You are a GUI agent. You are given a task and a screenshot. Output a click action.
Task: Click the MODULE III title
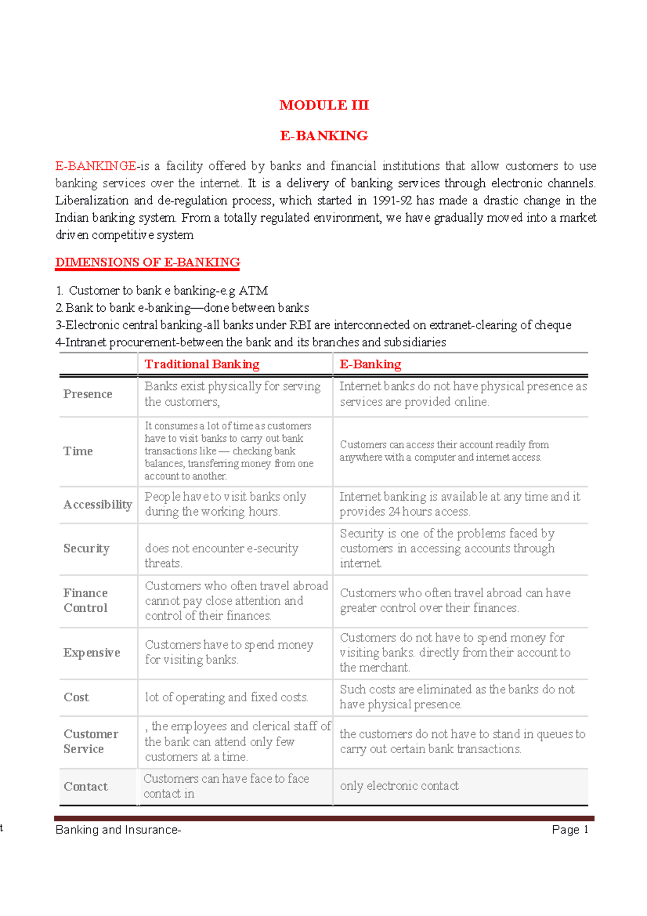point(324,105)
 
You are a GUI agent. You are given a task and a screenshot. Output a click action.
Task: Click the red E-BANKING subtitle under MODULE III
point(324,135)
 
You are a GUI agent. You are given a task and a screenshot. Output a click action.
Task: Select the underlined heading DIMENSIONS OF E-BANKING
point(148,263)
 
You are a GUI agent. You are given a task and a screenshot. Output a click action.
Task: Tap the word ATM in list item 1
point(253,291)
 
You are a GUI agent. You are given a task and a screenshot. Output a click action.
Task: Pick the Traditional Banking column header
point(202,365)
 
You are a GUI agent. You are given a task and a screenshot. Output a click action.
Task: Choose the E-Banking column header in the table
point(370,365)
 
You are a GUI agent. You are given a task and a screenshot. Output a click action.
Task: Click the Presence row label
point(88,394)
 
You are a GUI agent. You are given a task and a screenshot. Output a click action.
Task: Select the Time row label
point(78,452)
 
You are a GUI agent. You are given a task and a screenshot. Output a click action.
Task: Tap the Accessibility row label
point(98,505)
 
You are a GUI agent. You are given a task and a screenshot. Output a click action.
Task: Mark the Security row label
point(86,549)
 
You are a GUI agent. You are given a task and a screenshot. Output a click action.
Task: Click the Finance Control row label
point(86,600)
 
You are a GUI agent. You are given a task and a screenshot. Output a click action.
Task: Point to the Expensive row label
point(92,653)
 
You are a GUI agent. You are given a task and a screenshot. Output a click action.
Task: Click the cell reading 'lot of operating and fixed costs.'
point(226,698)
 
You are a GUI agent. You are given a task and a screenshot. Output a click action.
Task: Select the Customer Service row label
point(91,742)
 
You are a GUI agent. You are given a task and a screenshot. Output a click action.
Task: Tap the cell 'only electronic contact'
point(399,786)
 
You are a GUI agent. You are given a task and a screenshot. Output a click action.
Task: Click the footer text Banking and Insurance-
point(118,830)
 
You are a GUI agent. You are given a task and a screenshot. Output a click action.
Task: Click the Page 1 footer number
point(569,830)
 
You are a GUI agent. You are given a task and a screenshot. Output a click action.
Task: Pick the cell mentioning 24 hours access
point(459,504)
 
